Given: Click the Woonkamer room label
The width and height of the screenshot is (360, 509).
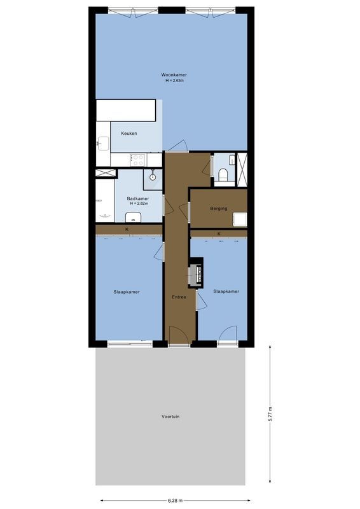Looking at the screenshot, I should click(x=174, y=74).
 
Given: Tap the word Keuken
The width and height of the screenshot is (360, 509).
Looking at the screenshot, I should click(x=129, y=134).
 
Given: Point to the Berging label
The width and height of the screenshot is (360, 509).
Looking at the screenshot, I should click(x=219, y=207).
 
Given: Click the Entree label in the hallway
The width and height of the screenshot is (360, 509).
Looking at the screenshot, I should click(x=179, y=297).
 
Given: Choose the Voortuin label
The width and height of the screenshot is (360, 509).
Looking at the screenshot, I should click(x=170, y=417).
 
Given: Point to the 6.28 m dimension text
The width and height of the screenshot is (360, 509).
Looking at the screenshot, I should click(x=175, y=500).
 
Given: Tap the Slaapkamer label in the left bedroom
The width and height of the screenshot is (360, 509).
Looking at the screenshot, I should click(x=127, y=292).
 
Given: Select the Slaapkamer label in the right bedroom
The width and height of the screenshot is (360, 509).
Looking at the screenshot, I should click(x=226, y=291).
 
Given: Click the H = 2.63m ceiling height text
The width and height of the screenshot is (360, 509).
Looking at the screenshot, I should click(x=174, y=80).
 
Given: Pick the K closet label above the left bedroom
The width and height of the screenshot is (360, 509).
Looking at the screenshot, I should click(x=127, y=230).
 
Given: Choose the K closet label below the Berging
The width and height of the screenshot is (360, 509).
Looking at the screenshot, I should click(x=219, y=234).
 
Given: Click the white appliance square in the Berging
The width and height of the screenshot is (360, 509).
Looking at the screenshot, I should click(x=240, y=220).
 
